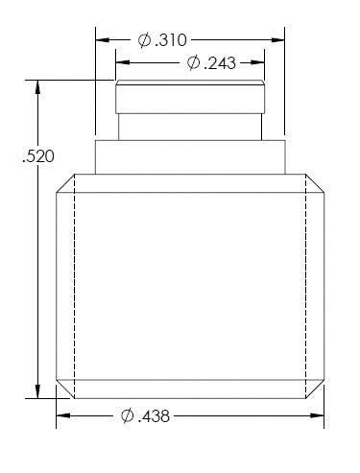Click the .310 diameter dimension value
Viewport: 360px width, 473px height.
(x=171, y=40)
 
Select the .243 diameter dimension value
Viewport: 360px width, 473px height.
(x=220, y=63)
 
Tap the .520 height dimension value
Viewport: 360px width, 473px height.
(x=38, y=156)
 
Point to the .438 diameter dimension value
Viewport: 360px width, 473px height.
(x=154, y=416)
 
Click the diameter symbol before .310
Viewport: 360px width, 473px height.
(x=144, y=40)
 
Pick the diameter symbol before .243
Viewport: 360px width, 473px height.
(x=193, y=63)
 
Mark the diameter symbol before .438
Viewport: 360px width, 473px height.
(x=128, y=416)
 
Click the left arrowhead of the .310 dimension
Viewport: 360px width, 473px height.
(x=103, y=40)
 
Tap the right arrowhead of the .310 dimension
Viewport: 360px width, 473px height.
(x=277, y=40)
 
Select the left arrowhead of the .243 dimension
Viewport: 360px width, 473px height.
(x=123, y=62)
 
